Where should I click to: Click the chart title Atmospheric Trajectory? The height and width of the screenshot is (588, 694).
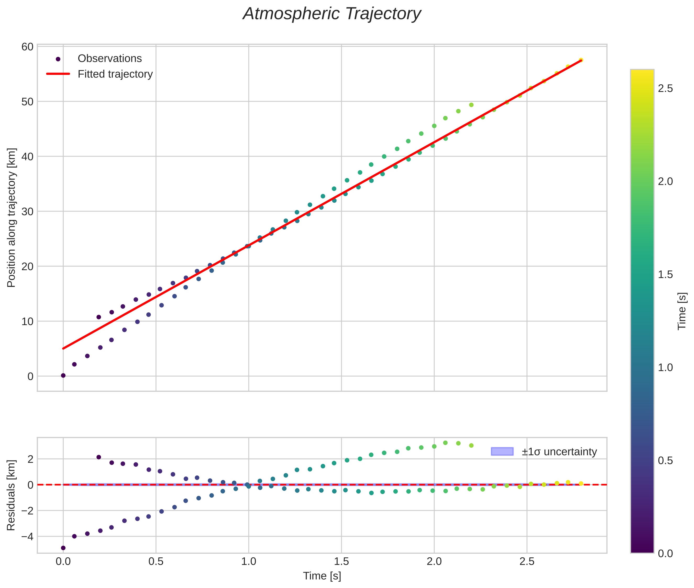click(x=332, y=14)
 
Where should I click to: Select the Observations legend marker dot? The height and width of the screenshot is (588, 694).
click(x=58, y=59)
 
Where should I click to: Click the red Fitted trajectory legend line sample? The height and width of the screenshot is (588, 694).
click(x=58, y=74)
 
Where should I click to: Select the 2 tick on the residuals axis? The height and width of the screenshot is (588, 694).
click(x=30, y=459)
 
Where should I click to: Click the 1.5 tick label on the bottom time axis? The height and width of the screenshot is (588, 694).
click(x=341, y=562)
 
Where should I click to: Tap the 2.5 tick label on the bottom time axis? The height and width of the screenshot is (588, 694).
click(x=527, y=562)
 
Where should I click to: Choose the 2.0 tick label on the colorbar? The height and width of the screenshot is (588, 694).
click(x=665, y=181)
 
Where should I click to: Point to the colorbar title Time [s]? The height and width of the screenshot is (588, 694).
click(x=682, y=311)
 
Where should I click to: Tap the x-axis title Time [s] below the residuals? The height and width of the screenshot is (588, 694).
click(x=322, y=576)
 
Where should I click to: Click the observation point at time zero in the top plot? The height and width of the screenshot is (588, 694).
click(x=63, y=375)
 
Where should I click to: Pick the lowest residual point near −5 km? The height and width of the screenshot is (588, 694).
click(x=63, y=548)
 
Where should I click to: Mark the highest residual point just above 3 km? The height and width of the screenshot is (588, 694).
click(x=445, y=443)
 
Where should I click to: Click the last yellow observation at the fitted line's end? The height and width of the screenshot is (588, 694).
click(x=581, y=60)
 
